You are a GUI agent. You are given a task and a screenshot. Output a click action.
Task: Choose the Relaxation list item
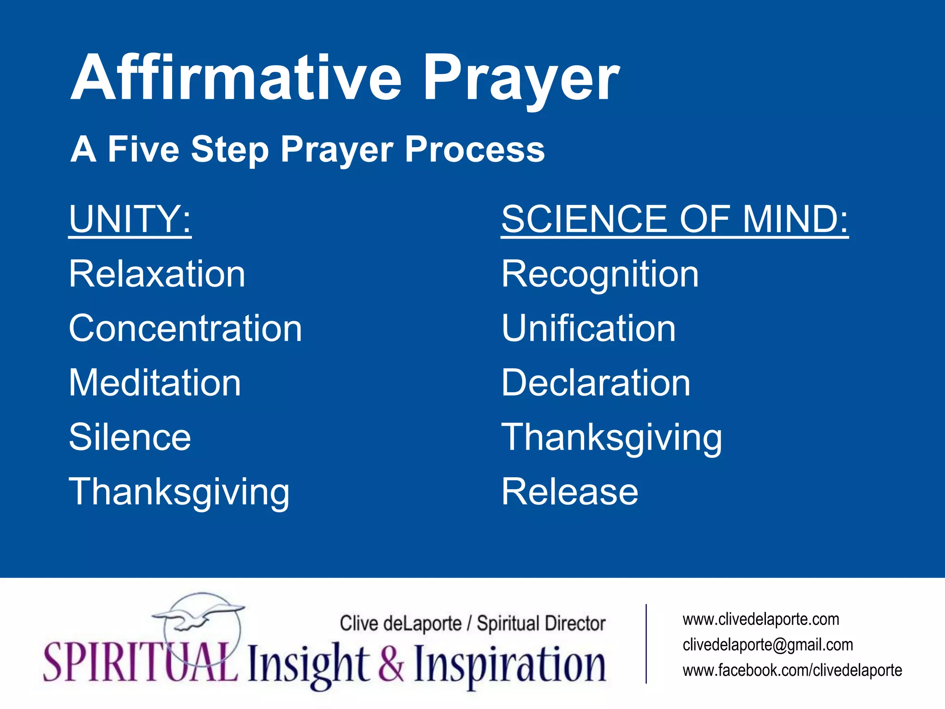coord(157,274)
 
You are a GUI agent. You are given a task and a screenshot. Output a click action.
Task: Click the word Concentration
coord(185,328)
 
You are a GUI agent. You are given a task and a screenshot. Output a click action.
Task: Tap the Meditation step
coord(155,383)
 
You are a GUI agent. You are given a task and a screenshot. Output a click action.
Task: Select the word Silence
coord(130,437)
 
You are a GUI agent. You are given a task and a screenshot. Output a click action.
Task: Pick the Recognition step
coord(600,274)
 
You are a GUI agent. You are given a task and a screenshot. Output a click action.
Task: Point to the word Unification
coord(589,328)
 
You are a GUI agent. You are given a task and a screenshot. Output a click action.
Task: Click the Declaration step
coord(596,383)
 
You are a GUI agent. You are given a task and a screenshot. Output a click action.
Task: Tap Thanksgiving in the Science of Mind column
coord(612,437)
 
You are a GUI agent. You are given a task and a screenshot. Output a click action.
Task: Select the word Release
coord(570,492)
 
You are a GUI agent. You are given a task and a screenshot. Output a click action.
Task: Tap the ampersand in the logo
coord(392,664)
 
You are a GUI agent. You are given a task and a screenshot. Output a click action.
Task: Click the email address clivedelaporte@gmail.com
coord(768,645)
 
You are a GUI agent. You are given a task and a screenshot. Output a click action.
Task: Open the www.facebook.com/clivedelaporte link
coord(792,670)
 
